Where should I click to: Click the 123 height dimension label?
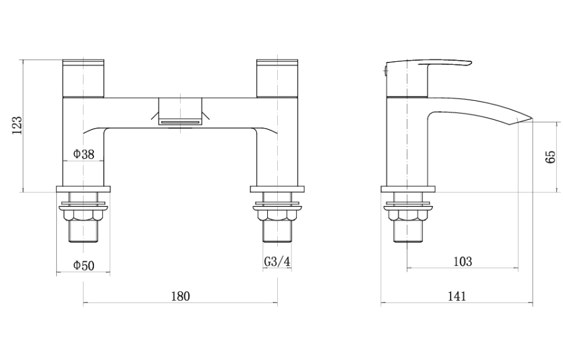tap(17, 126)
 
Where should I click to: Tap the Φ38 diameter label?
tap(84, 155)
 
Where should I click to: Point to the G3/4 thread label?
tap(277, 262)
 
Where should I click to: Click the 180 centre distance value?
tap(179, 296)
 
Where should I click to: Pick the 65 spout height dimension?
tap(551, 156)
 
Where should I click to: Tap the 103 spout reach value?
tap(462, 262)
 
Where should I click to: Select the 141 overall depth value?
tap(457, 296)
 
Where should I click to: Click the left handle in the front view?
tap(84, 79)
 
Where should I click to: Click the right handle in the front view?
tap(277, 79)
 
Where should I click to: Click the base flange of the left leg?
tap(84, 189)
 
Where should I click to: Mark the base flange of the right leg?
tap(277, 189)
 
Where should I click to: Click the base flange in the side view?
tap(406, 189)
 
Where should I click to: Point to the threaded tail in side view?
tap(406, 232)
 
